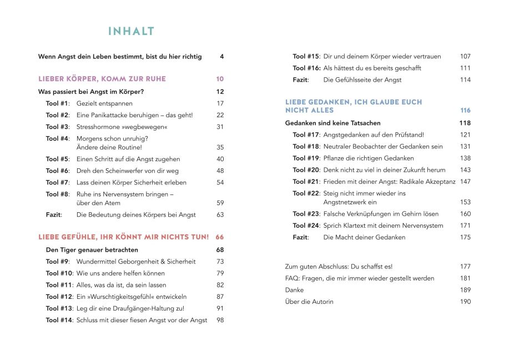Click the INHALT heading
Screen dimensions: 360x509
pos(131,32)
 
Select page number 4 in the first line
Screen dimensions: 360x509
pos(221,57)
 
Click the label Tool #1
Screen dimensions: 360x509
pos(57,103)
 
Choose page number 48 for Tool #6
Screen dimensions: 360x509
pos(220,171)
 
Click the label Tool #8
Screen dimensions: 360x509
pos(57,194)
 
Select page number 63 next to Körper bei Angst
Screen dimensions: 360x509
pos(220,214)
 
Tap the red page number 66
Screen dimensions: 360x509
pos(220,237)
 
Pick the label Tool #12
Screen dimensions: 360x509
pos(59,297)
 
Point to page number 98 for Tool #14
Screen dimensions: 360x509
pos(220,320)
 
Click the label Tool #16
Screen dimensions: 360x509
pos(306,68)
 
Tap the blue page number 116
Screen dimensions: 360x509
pos(465,111)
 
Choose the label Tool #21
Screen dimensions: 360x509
pos(306,182)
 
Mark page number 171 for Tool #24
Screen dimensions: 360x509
pos(465,226)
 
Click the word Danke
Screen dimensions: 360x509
pos(294,290)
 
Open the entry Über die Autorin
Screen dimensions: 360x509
pos(309,302)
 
